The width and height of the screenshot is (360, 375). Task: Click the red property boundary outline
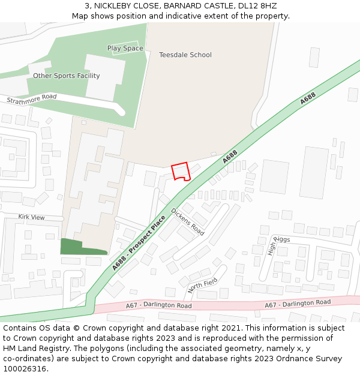[x=181, y=171]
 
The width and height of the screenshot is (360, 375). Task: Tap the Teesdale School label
[x=185, y=55]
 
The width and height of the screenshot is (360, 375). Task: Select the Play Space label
[x=125, y=48]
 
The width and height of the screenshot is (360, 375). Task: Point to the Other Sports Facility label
[x=66, y=76]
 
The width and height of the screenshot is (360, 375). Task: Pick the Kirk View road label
[x=31, y=217]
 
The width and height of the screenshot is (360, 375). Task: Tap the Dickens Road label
[x=188, y=221]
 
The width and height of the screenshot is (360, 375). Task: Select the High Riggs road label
[x=278, y=245]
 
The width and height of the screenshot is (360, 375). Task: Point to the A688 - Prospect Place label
[x=139, y=242]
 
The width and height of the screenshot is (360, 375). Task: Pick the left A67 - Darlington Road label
[x=158, y=305]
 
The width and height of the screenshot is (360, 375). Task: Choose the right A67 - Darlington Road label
[x=298, y=304]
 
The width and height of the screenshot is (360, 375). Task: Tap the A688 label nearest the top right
[x=308, y=99]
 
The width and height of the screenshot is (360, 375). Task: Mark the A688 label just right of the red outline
[x=230, y=157]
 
